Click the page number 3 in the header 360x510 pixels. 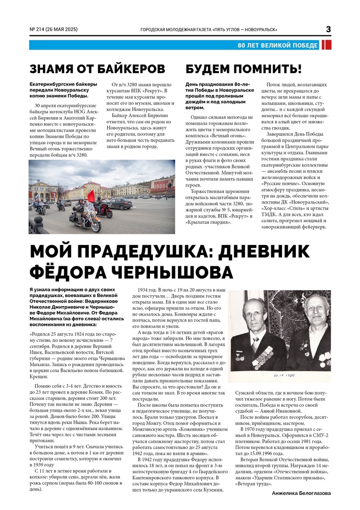(x=328, y=29)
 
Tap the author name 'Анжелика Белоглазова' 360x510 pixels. (x=301, y=493)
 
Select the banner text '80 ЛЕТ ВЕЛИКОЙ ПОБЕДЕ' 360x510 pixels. (x=278, y=45)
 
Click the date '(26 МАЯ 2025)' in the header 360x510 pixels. (x=63, y=30)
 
